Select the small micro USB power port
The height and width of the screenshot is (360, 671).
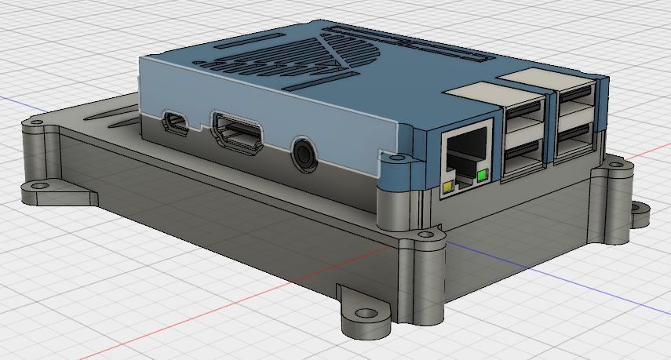click(176, 122)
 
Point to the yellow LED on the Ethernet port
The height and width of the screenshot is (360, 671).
click(448, 187)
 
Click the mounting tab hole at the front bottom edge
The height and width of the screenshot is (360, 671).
click(362, 313)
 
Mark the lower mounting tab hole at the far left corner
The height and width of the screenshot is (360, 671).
click(36, 187)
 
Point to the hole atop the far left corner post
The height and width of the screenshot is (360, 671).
click(34, 123)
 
